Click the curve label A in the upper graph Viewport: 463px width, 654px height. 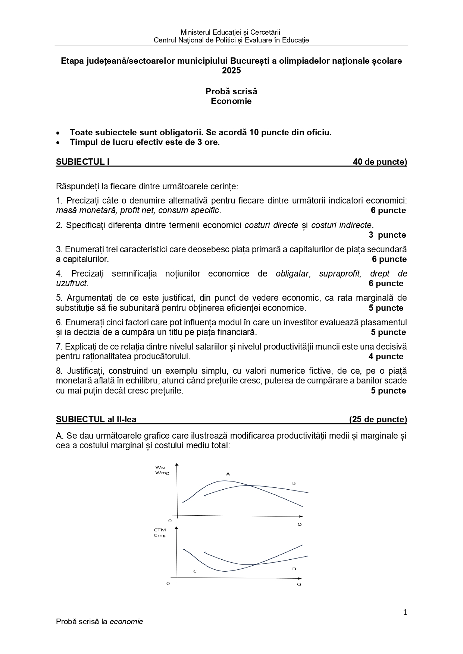[228, 474]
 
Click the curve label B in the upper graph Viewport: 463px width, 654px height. [294, 483]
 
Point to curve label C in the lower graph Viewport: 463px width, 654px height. [195, 571]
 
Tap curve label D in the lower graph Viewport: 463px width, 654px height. [294, 569]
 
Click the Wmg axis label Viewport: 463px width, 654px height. [162, 473]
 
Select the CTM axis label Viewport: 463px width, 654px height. [160, 530]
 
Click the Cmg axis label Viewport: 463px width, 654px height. [160, 535]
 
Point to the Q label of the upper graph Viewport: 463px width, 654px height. [300, 524]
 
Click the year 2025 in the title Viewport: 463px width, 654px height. [231, 70]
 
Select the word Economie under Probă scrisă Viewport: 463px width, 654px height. [231, 101]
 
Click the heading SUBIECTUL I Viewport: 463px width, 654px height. [83, 162]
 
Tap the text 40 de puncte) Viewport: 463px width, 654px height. [380, 162]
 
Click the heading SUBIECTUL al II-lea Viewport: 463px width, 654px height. [96, 419]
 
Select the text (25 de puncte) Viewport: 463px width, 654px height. [378, 419]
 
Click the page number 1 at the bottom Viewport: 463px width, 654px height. [405, 612]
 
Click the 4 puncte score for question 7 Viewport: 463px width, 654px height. [386, 356]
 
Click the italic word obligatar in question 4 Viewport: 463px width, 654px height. [292, 274]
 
